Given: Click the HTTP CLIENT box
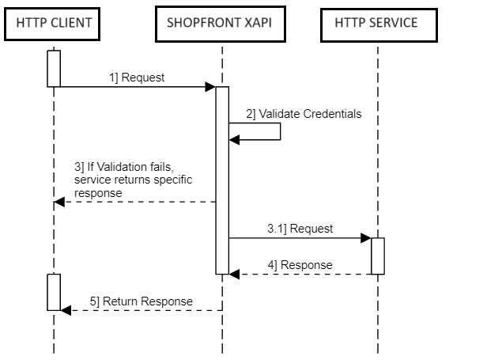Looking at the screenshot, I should (x=54, y=23).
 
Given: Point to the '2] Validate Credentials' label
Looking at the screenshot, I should (x=304, y=114).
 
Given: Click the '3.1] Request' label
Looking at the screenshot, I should (x=300, y=229).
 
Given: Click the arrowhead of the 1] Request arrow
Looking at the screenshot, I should (x=210, y=86).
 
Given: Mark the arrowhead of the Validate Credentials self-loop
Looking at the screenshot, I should (x=234, y=140).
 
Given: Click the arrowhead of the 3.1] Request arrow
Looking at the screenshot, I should (x=366, y=237).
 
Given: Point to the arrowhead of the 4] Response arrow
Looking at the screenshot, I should (x=235, y=274).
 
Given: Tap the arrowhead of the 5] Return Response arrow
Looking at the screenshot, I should (x=66, y=310).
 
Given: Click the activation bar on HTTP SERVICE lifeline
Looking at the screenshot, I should (x=378, y=256).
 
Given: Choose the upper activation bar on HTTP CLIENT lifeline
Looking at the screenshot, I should (x=54, y=68).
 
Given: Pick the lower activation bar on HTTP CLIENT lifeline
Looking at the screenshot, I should (x=54, y=292).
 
